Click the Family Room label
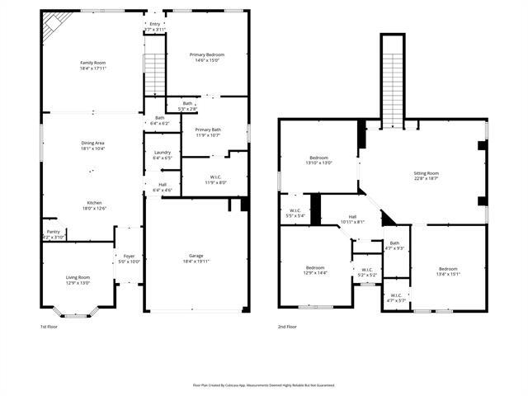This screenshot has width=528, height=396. (93, 63)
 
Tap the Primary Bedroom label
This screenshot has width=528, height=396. (209, 54)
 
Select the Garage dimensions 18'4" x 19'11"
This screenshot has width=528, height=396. (196, 262)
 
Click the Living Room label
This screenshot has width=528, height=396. (78, 277)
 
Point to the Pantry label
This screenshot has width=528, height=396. (53, 232)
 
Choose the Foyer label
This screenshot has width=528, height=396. (130, 256)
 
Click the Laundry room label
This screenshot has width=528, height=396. (163, 152)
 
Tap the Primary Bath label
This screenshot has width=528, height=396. (208, 130)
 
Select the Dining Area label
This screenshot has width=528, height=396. (92, 144)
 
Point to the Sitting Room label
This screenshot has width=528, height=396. (426, 173)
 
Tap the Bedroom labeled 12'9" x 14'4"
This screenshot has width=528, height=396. (314, 267)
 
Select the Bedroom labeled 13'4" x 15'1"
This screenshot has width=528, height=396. (448, 269)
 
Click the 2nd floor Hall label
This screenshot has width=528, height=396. (352, 216)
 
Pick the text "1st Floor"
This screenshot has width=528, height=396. (49, 327)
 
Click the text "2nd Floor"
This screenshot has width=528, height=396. (287, 327)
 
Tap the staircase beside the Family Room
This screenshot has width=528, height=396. (155, 75)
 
